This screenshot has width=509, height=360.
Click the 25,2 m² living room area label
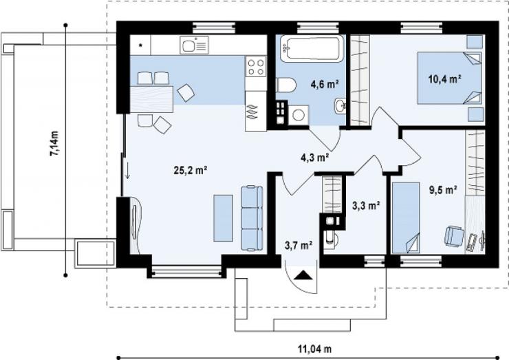tap(191, 170)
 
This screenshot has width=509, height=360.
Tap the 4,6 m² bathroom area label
tap(325, 85)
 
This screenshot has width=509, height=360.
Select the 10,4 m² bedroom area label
tap(445, 79)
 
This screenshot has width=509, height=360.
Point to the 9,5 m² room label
tap(444, 190)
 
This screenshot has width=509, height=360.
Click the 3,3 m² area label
tap(366, 205)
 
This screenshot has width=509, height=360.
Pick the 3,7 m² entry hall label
tap(299, 245)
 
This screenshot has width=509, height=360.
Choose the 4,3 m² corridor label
tap(315, 158)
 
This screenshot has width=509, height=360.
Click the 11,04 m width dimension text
tap(315, 349)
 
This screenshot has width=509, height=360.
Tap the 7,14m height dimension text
tap(54, 143)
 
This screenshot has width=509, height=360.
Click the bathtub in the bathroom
tap(312, 48)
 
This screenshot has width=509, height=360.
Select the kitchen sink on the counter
tap(194, 45)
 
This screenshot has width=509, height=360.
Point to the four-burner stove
tap(256, 66)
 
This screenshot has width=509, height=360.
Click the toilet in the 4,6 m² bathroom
tap(286, 85)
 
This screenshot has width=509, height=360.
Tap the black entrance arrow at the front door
tap(303, 275)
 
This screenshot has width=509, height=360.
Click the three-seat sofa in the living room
tap(252, 218)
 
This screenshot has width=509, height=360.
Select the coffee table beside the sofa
tap(224, 218)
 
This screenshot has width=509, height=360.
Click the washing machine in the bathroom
tap(299, 115)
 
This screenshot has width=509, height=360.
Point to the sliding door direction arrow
tap(127, 170)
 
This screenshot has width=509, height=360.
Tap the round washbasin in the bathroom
tap(340, 105)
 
